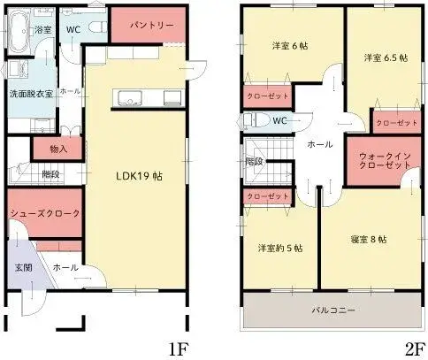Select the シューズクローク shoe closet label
pos(45,214)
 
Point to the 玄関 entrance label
pos(24,267)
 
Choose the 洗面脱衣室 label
pos(32,93)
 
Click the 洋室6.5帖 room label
pos(385,58)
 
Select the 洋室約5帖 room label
pos(279,248)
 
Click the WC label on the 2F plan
pos(280,120)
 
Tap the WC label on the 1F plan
pos(74,29)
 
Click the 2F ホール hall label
pos(319,143)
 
